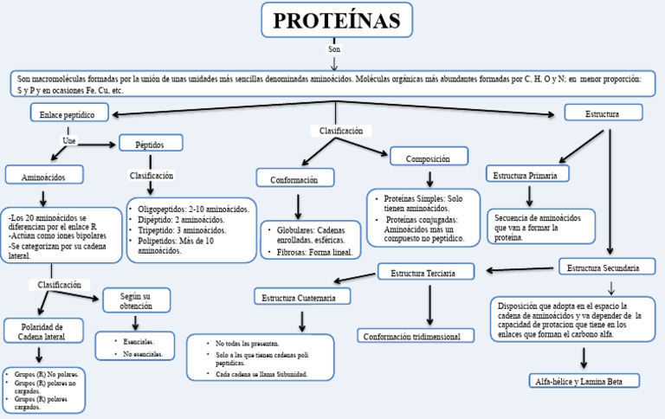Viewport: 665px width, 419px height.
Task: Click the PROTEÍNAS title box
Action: (x=337, y=20)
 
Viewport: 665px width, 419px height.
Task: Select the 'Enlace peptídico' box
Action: (x=68, y=113)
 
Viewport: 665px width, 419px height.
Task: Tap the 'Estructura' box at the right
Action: (x=603, y=113)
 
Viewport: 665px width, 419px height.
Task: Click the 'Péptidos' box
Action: (x=151, y=143)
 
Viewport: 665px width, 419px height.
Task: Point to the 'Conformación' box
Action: (x=294, y=178)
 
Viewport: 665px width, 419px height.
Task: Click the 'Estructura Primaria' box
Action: (x=527, y=173)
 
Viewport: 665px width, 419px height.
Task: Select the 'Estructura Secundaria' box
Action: (x=604, y=268)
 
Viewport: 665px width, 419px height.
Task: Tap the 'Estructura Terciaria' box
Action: (x=427, y=272)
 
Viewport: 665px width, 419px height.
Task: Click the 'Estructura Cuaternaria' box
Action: (x=303, y=297)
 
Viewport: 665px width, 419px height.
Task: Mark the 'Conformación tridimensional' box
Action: (x=418, y=336)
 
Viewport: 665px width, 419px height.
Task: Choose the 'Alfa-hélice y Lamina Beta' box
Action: (x=584, y=380)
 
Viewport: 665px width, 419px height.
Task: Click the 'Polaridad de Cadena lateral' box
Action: (x=42, y=332)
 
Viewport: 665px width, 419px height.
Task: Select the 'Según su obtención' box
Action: (x=136, y=300)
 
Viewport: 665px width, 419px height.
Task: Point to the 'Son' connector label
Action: (x=334, y=49)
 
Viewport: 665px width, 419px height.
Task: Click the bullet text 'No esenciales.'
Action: (x=142, y=353)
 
